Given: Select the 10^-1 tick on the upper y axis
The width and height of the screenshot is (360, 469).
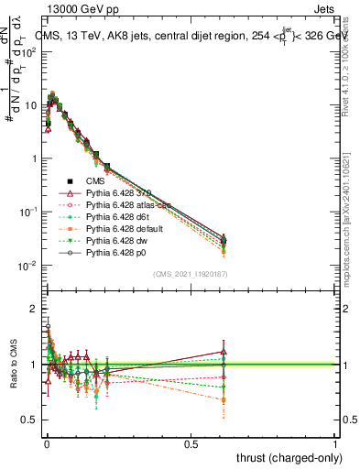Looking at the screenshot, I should (x=28, y=212).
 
